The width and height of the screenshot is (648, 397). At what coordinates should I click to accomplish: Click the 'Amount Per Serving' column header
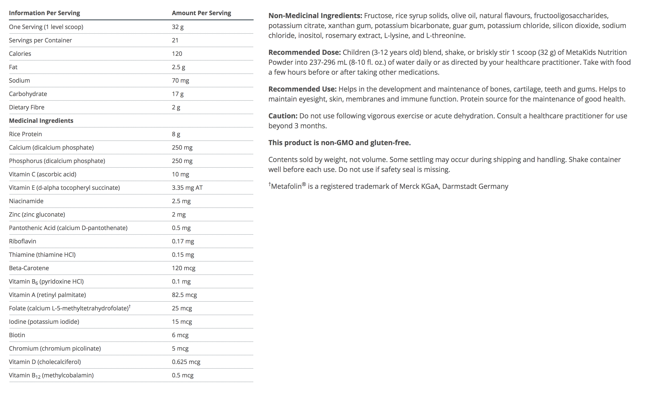click(201, 13)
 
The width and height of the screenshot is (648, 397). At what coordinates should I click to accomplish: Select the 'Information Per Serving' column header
click(44, 13)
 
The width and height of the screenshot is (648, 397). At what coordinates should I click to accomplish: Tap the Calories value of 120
click(177, 54)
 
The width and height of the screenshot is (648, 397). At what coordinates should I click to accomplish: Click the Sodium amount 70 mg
click(180, 81)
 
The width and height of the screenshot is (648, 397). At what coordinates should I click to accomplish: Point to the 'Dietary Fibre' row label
click(27, 107)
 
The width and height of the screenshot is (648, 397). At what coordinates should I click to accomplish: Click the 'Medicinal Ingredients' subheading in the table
click(41, 121)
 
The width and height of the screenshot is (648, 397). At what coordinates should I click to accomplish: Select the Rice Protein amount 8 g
click(176, 134)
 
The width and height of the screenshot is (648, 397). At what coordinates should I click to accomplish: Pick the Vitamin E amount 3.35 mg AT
click(187, 188)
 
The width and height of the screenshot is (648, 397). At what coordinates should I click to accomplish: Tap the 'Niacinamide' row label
click(26, 201)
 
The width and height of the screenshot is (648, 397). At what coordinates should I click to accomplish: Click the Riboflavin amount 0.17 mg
click(183, 241)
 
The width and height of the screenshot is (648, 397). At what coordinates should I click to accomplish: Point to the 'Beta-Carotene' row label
click(29, 268)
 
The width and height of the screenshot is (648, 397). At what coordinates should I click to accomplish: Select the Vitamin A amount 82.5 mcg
click(184, 295)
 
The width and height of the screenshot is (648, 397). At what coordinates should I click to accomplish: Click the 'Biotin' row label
click(17, 335)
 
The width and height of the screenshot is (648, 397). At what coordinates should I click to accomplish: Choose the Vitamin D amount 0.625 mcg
click(186, 362)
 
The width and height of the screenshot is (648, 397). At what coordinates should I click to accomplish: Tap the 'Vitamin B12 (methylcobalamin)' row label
click(51, 375)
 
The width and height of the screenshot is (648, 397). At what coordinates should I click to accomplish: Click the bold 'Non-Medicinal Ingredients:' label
click(315, 16)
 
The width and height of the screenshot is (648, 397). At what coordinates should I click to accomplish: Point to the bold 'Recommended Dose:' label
click(304, 52)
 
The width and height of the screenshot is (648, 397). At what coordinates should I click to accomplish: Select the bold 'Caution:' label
click(283, 116)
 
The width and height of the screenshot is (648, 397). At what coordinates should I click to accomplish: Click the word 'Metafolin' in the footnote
click(286, 187)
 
